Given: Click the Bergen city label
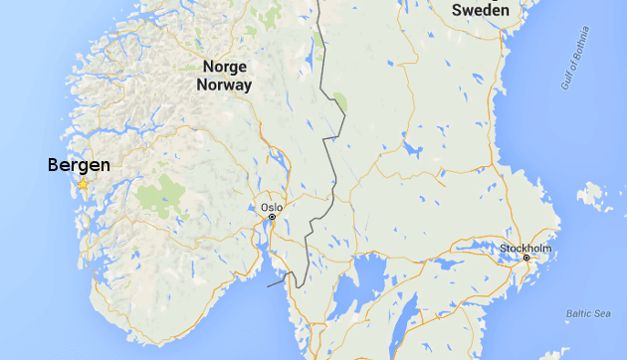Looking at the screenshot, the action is pyautogui.click(x=79, y=165).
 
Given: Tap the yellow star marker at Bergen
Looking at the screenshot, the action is pyautogui.click(x=84, y=185).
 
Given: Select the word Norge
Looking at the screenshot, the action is pyautogui.click(x=224, y=67).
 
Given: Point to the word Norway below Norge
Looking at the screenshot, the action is pyautogui.click(x=226, y=86).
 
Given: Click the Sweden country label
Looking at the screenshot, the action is pyautogui.click(x=481, y=10).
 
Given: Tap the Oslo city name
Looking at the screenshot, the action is pyautogui.click(x=272, y=207).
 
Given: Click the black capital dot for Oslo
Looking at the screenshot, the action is pyautogui.click(x=272, y=217).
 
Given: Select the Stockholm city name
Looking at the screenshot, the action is pyautogui.click(x=524, y=247).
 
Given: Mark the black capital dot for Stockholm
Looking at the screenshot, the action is pyautogui.click(x=527, y=259).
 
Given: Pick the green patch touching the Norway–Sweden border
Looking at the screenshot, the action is pyautogui.click(x=340, y=102).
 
